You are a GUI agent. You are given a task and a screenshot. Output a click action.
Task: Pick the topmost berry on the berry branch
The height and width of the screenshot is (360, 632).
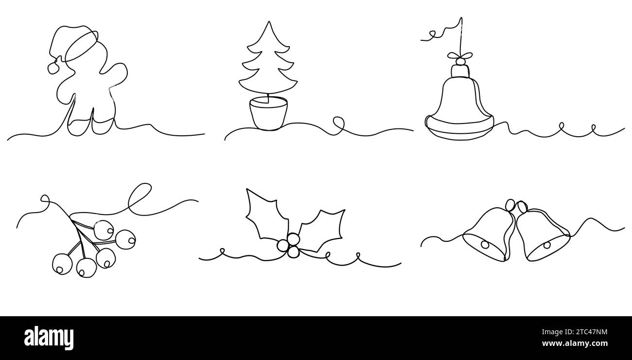coord(103,230)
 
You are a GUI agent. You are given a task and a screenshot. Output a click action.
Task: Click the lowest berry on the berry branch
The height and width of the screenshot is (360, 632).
coord(87,268)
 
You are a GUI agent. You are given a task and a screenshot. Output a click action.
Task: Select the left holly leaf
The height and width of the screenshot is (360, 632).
coord(265,214)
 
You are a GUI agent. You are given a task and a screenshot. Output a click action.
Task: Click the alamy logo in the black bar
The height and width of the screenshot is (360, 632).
coord(49,337)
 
